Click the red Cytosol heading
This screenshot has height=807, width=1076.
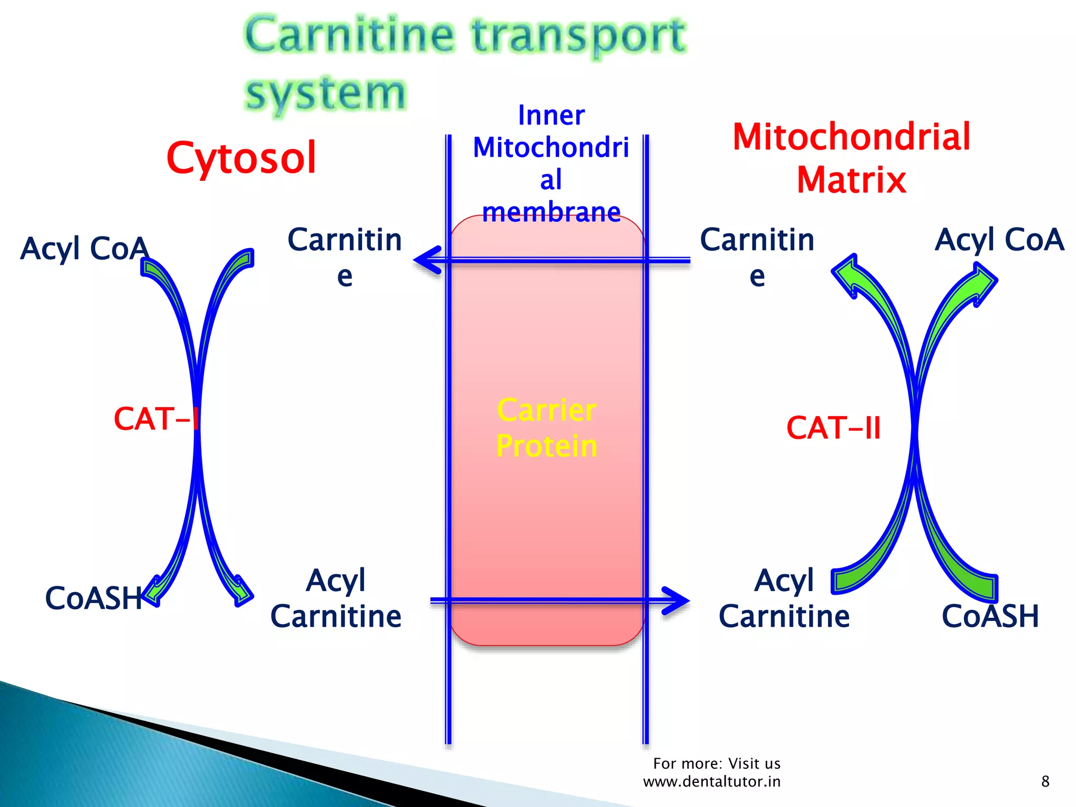pos(241,158)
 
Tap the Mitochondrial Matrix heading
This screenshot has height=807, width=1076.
pos(851,158)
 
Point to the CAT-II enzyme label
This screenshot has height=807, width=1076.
pos(833,428)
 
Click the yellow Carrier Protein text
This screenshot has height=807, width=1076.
pos(546,428)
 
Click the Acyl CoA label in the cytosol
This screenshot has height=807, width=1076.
pos(84,248)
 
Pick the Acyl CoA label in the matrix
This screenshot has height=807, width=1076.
pos(999,240)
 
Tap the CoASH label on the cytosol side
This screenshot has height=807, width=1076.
pos(94,598)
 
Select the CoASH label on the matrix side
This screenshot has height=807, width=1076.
pos(990,616)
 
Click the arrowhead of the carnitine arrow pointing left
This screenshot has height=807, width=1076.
pos(427,260)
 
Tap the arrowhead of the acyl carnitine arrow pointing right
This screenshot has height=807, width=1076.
pos(677,600)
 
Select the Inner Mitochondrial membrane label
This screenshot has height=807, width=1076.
pos(551,163)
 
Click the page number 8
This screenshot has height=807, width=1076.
pos(1045,781)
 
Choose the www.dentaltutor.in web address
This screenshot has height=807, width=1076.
pos(712,782)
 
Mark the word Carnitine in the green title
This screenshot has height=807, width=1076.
pos(349,35)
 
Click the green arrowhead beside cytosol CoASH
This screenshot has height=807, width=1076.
pos(153,592)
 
